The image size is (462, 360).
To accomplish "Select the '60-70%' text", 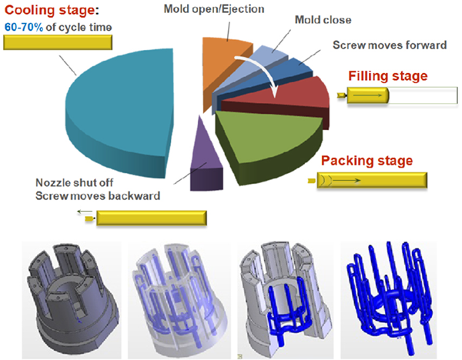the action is point(24,28).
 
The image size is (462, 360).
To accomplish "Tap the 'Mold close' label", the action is point(323,20).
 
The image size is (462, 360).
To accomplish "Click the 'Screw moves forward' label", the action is point(390,45).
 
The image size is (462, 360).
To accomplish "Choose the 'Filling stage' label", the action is point(388,76).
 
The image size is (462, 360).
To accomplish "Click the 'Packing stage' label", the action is point(367,161).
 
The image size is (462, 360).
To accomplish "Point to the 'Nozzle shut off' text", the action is point(74,183).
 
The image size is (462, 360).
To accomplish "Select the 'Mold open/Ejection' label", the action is point(214,9).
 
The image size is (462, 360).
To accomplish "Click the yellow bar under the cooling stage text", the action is point(58,42).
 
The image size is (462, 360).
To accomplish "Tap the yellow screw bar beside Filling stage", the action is point(368,95).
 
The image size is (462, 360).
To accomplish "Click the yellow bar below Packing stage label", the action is point(372,180).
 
